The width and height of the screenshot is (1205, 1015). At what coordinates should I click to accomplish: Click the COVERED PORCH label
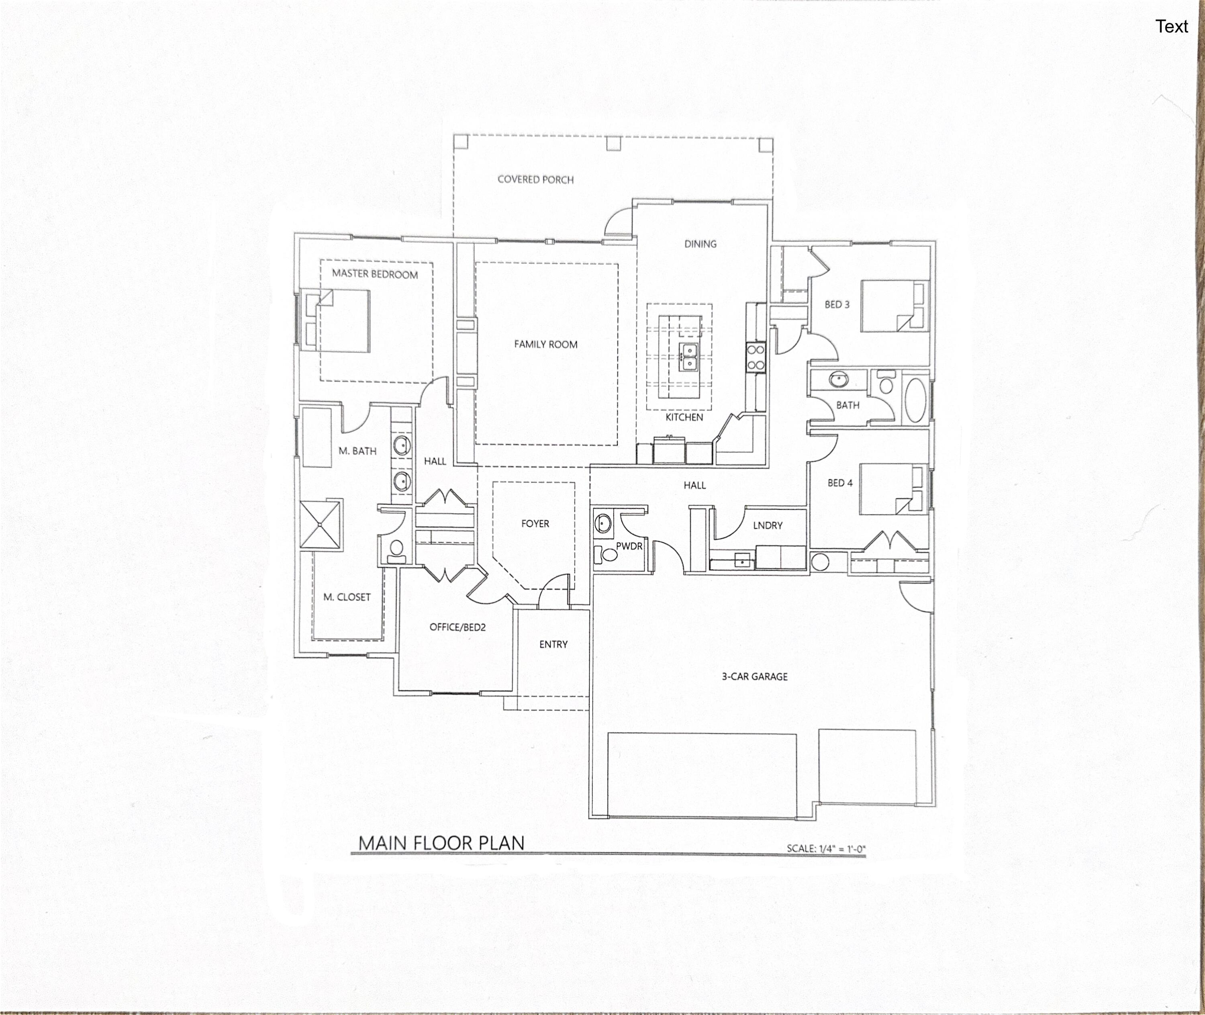click(535, 180)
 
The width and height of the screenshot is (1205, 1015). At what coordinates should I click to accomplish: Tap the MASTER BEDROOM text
click(375, 274)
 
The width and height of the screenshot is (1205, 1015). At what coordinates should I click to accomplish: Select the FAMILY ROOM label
click(545, 344)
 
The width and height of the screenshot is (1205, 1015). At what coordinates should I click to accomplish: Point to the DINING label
click(701, 244)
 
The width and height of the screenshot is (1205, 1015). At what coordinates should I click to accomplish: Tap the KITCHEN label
click(684, 417)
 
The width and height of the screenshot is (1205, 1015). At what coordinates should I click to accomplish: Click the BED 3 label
click(837, 304)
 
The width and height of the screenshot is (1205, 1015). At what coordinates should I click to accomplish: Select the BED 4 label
click(839, 483)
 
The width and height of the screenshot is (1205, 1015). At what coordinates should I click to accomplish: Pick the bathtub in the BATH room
click(915, 399)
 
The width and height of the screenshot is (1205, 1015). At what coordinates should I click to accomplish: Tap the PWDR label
click(629, 546)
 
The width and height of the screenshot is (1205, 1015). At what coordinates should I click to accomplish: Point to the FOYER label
click(535, 524)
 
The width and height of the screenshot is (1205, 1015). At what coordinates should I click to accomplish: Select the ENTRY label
click(553, 644)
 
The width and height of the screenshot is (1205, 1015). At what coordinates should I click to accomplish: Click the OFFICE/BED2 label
click(457, 627)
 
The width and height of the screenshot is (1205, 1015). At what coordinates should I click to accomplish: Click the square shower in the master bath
click(320, 525)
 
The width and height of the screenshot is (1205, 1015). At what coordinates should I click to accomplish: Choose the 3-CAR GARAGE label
click(754, 677)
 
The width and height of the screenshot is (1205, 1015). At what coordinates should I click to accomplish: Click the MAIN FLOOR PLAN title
click(441, 843)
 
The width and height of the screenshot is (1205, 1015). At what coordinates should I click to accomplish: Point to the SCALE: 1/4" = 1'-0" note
click(826, 848)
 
